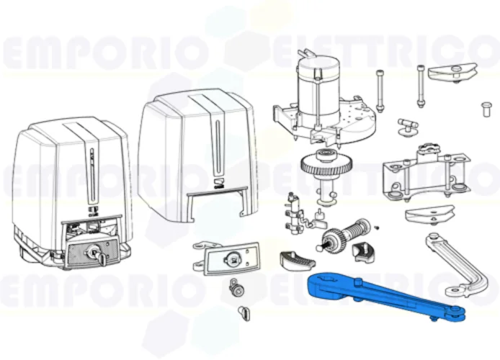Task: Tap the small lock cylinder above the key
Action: click(x=236, y=289)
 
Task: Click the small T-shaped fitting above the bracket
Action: click(x=408, y=126)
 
